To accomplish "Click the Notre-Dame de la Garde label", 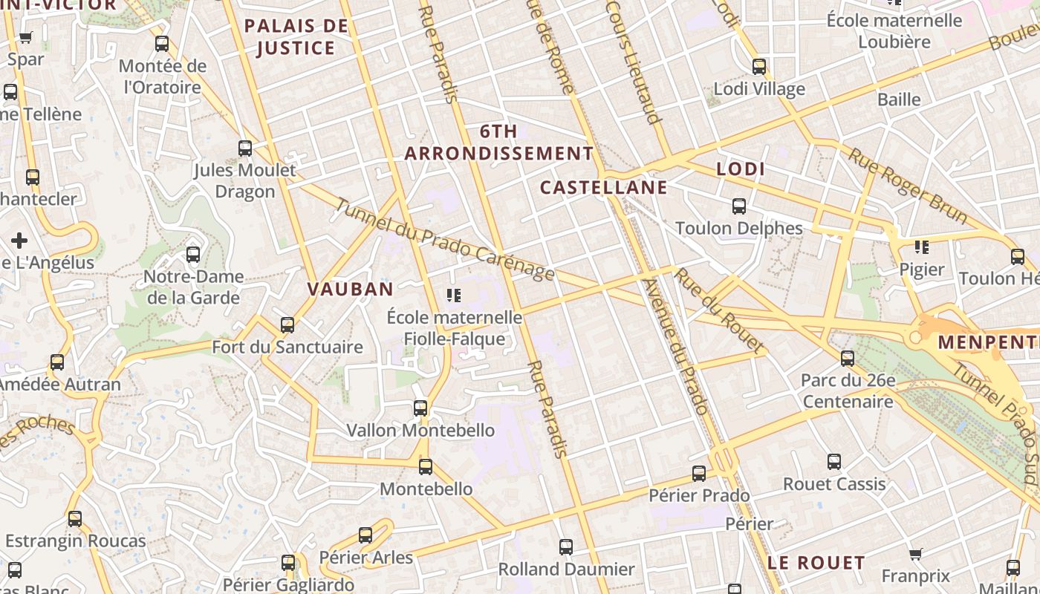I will click(x=193, y=287).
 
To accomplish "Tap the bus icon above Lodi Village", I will click(x=758, y=67).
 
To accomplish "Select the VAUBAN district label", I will click(x=350, y=289).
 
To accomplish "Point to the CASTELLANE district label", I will click(x=603, y=187).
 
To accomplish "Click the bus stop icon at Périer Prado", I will click(x=698, y=473).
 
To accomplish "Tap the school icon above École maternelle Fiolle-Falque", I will click(x=454, y=296).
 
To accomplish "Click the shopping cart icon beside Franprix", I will click(x=916, y=554).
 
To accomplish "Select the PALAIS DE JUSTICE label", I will click(x=296, y=37).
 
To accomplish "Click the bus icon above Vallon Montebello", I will click(x=420, y=408).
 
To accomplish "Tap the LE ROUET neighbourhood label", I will click(x=816, y=563).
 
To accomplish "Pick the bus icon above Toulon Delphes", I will click(x=738, y=206).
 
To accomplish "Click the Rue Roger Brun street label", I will click(x=908, y=186).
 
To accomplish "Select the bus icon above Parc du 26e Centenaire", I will click(x=848, y=359).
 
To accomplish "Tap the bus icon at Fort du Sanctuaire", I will click(x=287, y=324).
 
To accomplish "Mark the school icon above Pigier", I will click(x=922, y=247).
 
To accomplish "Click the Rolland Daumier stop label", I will click(x=566, y=569).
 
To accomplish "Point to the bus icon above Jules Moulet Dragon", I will click(x=245, y=148).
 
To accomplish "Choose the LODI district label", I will click(x=741, y=169).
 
